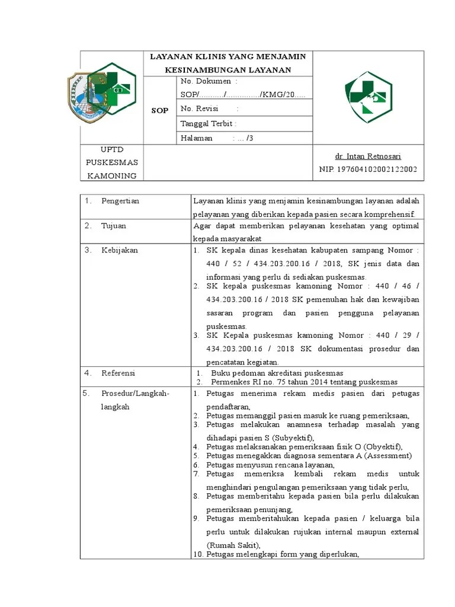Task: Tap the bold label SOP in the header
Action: coord(160,110)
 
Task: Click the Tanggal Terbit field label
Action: coord(208,123)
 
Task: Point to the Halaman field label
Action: coord(196,138)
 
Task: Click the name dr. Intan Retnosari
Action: coord(368,156)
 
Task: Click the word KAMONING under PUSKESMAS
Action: coord(112,175)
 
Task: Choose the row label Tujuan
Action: coord(113,226)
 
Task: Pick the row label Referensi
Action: coord(118,373)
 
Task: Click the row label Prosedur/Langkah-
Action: coord(135,394)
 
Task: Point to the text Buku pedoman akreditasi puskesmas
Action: coord(277,373)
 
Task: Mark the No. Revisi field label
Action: coord(199,108)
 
